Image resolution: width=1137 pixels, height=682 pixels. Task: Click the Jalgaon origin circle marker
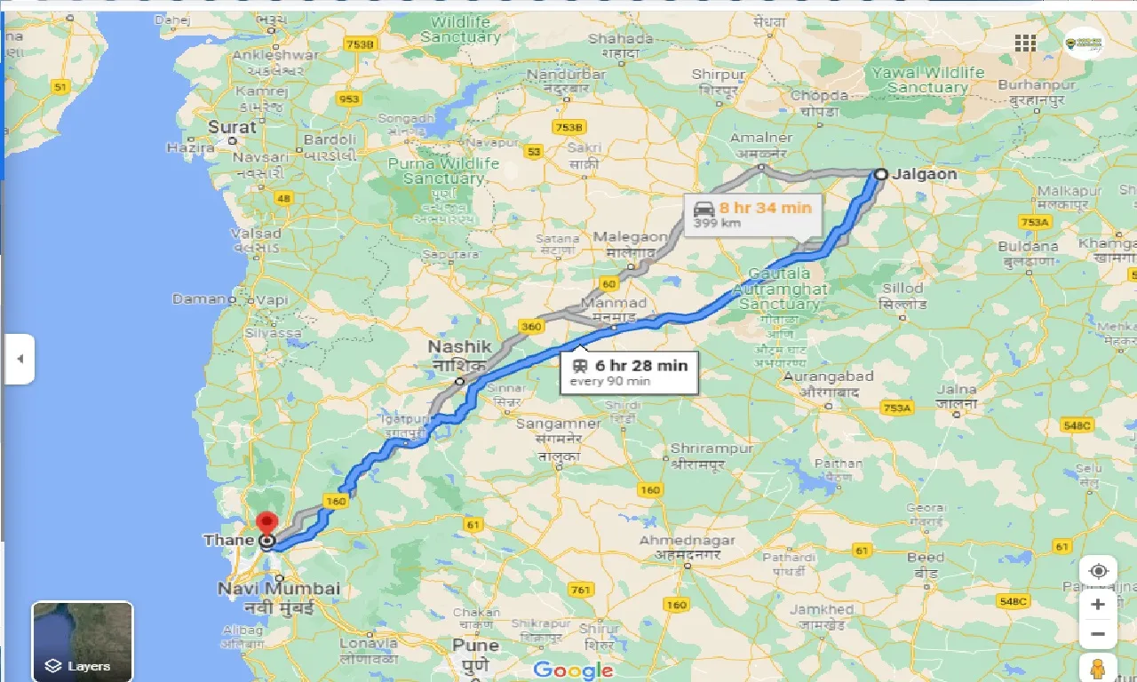[880, 175]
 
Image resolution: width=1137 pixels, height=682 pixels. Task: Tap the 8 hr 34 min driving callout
[753, 214]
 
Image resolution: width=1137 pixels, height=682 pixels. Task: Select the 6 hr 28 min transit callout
[629, 372]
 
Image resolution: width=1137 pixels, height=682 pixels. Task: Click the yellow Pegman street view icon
[1099, 669]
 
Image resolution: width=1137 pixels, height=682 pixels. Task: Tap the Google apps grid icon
[1025, 44]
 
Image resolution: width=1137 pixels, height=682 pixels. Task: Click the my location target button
[1099, 571]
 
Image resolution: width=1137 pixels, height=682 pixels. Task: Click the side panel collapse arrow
[20, 359]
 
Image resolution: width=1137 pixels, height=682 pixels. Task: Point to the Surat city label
[232, 127]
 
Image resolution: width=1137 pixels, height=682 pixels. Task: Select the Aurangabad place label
[828, 377]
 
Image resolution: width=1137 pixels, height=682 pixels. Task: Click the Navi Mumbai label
[279, 589]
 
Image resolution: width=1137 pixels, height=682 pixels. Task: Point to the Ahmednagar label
[687, 541]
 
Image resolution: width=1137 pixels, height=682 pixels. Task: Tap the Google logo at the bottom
[573, 670]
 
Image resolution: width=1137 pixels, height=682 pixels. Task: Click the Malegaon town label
[631, 237]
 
